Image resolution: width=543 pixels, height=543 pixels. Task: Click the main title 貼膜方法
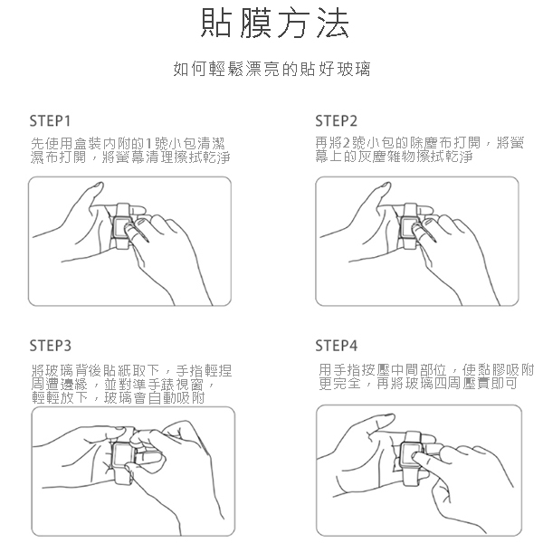pos(275,23)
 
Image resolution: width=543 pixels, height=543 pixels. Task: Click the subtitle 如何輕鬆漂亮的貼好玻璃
pos(271,69)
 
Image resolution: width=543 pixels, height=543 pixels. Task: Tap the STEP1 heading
pos(50,121)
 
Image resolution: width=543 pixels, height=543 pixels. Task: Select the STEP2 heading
pos(336,121)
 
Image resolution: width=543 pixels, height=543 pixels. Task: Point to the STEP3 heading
pos(50,346)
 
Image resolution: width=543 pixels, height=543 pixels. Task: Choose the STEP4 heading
pos(336,346)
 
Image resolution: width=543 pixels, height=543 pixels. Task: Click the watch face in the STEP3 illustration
pos(122,454)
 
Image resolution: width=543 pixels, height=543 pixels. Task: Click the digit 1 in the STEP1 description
pos(149,143)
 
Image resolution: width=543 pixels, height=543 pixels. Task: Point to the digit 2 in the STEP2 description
pos(348,143)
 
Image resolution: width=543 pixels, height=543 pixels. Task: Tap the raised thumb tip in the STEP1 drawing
pos(99,186)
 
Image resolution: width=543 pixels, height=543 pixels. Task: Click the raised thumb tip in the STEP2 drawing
pos(386,186)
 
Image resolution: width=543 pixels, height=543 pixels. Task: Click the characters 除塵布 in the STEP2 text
pos(432,143)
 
